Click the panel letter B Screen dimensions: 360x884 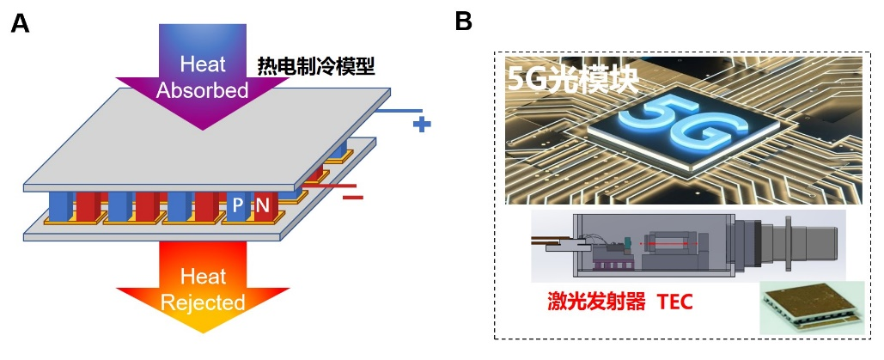[463, 23]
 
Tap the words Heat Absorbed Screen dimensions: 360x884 [203, 76]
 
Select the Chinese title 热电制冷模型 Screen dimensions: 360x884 [316, 65]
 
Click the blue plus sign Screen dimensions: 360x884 [421, 125]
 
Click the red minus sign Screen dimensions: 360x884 [353, 197]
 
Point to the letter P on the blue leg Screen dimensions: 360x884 [238, 206]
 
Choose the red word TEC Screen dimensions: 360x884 [674, 302]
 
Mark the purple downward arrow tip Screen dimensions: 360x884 [203, 128]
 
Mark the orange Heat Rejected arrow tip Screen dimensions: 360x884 [203, 330]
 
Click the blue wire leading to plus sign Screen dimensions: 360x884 [399, 110]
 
